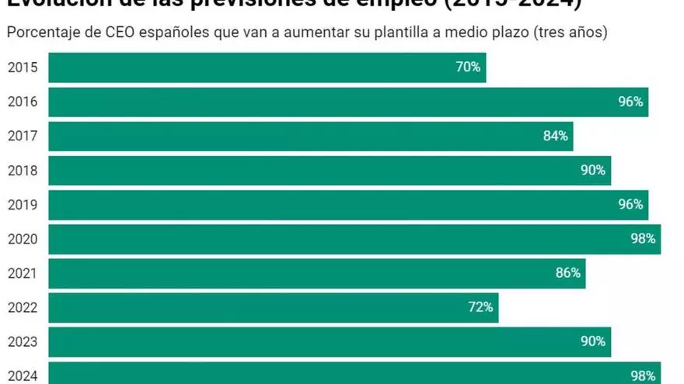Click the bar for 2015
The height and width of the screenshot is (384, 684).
(x=267, y=67)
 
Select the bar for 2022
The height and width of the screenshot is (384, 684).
(x=273, y=307)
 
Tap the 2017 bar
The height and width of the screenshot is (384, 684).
(x=310, y=136)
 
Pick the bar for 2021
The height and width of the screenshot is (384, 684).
(x=316, y=273)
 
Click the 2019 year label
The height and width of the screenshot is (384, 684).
(x=22, y=205)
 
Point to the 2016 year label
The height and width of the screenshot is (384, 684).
(x=22, y=102)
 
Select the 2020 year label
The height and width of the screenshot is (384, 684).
(x=22, y=239)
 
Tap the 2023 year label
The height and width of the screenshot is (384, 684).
(x=22, y=341)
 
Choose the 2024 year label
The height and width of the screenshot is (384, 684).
(x=22, y=375)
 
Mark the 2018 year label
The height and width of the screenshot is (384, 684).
(x=22, y=170)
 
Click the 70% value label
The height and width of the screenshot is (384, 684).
(x=468, y=67)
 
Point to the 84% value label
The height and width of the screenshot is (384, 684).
(x=556, y=136)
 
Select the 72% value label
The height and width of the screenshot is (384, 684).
(x=480, y=307)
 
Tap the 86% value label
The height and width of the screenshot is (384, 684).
(x=568, y=273)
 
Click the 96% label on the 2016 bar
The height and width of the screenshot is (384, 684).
(x=630, y=102)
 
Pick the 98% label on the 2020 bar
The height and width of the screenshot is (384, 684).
(x=643, y=239)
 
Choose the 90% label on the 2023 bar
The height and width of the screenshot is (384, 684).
(x=593, y=341)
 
